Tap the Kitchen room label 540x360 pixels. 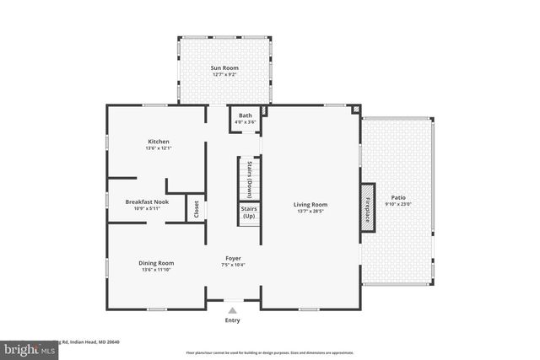click(159, 141)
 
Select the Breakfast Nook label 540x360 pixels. click(148, 201)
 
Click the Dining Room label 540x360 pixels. click(156, 263)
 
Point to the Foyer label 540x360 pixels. click(234, 257)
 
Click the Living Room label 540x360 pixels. click(310, 204)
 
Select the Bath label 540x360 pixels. click(246, 116)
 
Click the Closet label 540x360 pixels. click(195, 208)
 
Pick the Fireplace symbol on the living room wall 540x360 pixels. click(368, 205)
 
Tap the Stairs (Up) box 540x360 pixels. click(249, 212)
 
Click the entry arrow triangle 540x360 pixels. click(232, 310)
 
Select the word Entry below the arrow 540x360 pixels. click(232, 320)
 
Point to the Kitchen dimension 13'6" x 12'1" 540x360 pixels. click(159, 149)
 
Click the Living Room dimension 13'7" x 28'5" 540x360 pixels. click(310, 212)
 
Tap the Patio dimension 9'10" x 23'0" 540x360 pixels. click(397, 204)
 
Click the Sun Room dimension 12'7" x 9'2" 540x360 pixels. click(224, 74)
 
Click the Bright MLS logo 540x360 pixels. click(25, 347)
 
